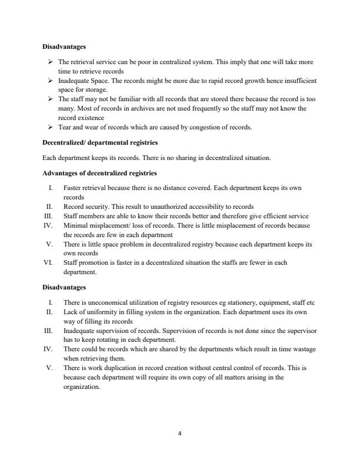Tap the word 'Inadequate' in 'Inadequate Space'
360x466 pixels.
click(x=74, y=80)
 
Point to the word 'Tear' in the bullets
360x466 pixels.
click(x=65, y=127)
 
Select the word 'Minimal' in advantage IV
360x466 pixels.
click(x=74, y=225)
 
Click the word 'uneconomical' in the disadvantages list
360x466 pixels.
click(x=106, y=301)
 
